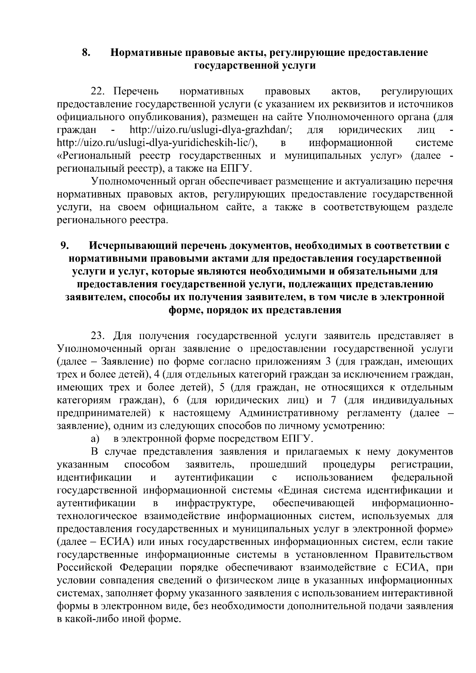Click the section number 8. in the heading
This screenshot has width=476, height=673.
pos(86,52)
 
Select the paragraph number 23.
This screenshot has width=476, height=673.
pos(100,336)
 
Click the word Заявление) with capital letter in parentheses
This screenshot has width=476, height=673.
pos(127,362)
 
